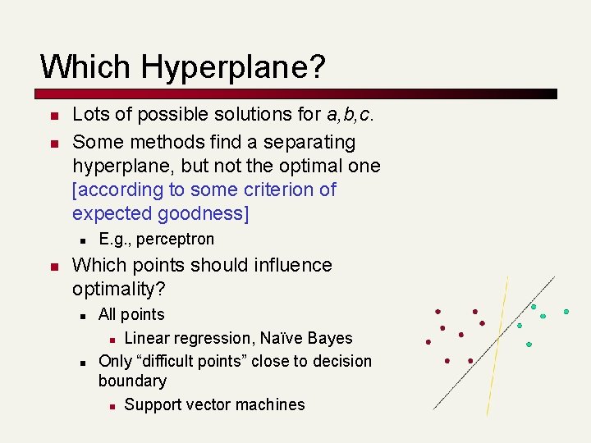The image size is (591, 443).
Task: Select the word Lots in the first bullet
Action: pyautogui.click(x=89, y=115)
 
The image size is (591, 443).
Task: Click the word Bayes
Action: pyautogui.click(x=328, y=338)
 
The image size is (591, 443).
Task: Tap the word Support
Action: pyautogui.click(x=154, y=404)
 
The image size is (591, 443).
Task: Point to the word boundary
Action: pyautogui.click(x=132, y=381)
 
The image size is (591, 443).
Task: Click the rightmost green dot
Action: pyautogui.click(x=566, y=312)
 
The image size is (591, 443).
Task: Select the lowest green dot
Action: pyautogui.click(x=529, y=345)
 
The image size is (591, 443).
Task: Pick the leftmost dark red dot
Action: pyautogui.click(x=428, y=341)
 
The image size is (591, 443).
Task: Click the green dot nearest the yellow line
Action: pyautogui.click(x=519, y=326)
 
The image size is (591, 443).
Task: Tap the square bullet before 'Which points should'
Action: pyautogui.click(x=53, y=267)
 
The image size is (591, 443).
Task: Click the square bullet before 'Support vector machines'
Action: pyautogui.click(x=112, y=405)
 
